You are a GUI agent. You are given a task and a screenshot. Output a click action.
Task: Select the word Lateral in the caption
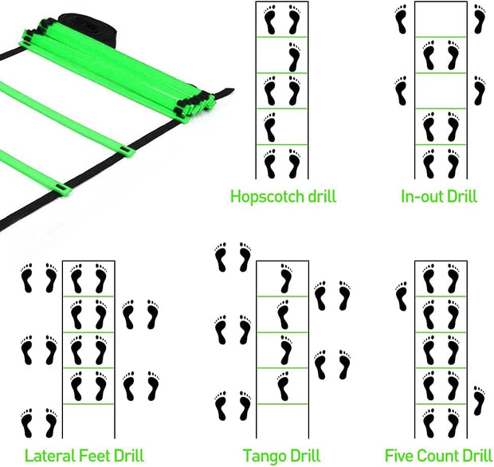tap(49, 456)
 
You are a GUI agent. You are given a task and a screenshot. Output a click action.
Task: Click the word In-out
tap(422, 196)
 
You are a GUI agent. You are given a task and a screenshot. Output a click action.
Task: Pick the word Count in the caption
tap(441, 456)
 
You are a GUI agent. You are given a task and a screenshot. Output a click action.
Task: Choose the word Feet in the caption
tap(100, 456)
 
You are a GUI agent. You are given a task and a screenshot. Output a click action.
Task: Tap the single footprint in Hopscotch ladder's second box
tap(293, 56)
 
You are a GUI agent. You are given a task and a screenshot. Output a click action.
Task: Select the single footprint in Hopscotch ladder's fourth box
tap(270, 127)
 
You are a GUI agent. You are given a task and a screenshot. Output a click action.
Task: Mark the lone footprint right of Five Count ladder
tap(479, 400)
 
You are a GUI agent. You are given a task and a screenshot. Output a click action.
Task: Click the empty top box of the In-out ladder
tap(441, 19)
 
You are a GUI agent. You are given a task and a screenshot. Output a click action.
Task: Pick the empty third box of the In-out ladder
tap(441, 91)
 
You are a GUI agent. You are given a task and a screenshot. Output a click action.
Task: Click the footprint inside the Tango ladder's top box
tap(284, 279)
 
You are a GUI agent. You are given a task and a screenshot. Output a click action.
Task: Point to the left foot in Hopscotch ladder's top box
tap(270, 20)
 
